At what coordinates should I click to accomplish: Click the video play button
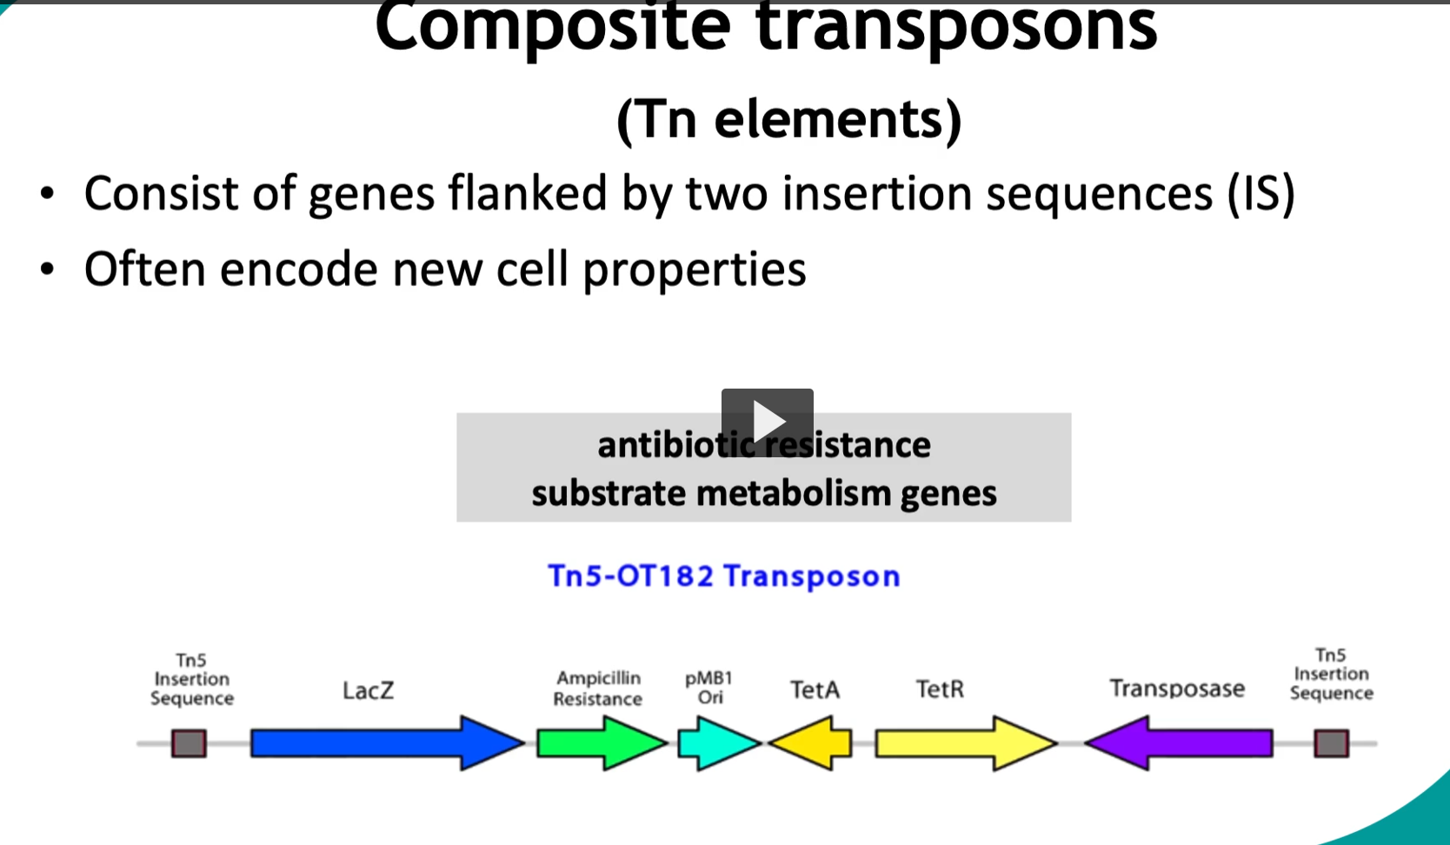tap(767, 422)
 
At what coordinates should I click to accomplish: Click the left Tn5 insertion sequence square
tap(189, 743)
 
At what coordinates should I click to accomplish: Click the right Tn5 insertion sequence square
tap(1331, 743)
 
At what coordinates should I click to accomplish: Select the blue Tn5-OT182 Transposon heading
tap(723, 576)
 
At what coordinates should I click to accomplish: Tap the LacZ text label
tap(368, 691)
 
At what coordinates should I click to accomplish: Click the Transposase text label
tap(1177, 689)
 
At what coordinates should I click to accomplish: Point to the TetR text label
tap(940, 689)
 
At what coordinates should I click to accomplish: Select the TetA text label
tap(815, 690)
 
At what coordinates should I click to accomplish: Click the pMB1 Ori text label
tap(709, 688)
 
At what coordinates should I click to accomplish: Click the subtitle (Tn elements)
tap(788, 119)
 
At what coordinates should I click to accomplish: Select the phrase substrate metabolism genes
tap(763, 494)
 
